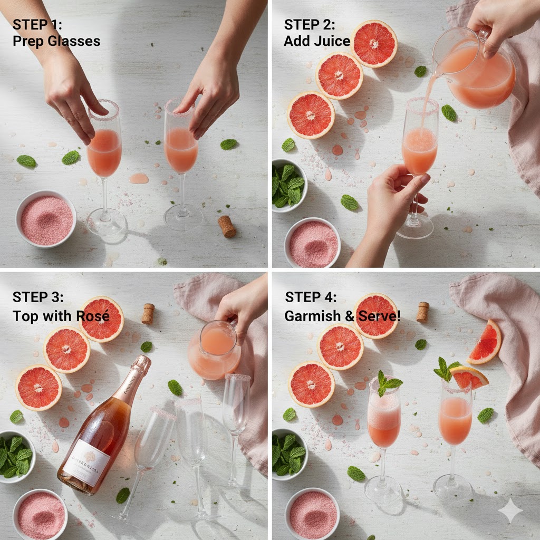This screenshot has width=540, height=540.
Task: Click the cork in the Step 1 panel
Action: click(227, 226)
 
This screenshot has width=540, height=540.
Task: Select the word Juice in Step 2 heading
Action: click(332, 41)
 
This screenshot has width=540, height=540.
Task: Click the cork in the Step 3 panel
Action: click(148, 313)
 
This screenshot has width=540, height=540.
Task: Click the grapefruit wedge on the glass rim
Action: click(468, 377)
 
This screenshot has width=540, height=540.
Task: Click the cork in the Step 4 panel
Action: click(422, 312)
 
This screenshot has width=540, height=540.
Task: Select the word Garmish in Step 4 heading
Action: click(310, 316)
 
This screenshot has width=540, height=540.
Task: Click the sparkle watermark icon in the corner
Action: click(510, 510)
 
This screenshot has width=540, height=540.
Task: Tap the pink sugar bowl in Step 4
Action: click(313, 514)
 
